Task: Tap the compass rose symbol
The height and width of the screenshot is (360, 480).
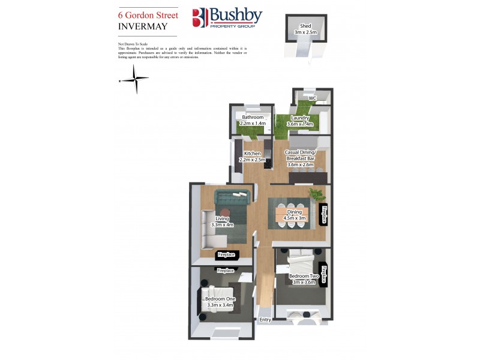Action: [x=137, y=80]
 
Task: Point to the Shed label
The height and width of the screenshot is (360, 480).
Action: [x=305, y=26]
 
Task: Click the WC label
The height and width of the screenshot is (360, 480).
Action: [x=312, y=98]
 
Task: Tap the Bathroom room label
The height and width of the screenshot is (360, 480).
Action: [x=252, y=118]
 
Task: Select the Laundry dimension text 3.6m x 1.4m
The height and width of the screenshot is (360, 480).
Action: [x=301, y=124]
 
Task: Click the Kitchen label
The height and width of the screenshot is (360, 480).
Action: [x=252, y=154]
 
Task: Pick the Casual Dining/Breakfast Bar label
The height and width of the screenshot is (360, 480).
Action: [x=301, y=155]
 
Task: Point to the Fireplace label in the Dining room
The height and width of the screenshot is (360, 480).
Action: [x=324, y=215]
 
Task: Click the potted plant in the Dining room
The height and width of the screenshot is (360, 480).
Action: [x=316, y=194]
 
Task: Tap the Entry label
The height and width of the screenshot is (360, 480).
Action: [x=265, y=320]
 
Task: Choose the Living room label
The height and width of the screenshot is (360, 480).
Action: [x=223, y=219]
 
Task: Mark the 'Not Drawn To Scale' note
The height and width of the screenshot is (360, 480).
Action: [x=133, y=44]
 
